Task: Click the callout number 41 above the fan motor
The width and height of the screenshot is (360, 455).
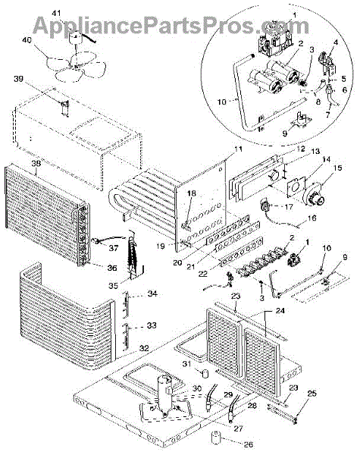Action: tap(57, 14)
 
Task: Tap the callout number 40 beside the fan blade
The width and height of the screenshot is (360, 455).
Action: tap(27, 40)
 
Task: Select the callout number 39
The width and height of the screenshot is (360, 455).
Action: tap(18, 79)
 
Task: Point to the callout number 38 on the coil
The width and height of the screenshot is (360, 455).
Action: tap(36, 163)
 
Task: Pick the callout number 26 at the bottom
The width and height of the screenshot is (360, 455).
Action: tap(249, 444)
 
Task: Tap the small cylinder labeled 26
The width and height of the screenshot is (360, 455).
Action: tap(215, 438)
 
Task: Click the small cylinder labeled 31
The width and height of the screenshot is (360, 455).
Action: tap(205, 373)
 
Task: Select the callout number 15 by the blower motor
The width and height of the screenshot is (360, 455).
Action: tap(338, 168)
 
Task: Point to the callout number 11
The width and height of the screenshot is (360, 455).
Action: tap(238, 149)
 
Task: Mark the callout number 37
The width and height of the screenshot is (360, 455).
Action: tap(114, 248)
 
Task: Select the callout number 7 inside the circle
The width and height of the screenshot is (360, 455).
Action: tap(328, 115)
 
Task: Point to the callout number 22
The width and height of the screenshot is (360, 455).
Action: tap(203, 273)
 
